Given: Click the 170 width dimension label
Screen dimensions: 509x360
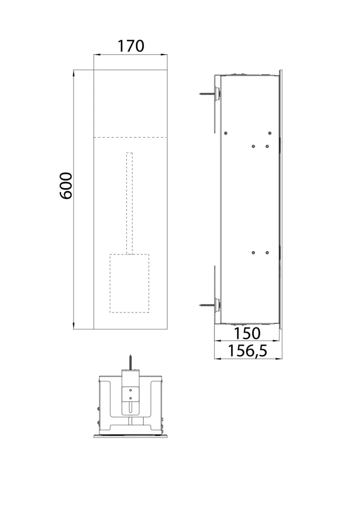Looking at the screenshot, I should tap(130, 46).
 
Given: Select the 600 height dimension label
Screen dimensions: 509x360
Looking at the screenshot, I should tap(66, 185).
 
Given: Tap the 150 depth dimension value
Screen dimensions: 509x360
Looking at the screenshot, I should tap(247, 333).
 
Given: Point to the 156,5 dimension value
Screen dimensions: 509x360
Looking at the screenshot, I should tap(248, 351).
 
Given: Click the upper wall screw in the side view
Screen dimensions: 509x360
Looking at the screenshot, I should tap(208, 94).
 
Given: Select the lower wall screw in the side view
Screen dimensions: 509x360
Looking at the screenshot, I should tap(208, 305).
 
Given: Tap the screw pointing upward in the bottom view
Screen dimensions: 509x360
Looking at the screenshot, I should tap(131, 362).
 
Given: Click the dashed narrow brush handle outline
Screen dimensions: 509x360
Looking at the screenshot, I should tap(130, 203).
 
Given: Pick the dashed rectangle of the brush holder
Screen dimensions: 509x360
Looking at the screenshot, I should tap(130, 283).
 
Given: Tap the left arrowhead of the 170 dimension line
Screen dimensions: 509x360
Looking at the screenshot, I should tap(96, 55).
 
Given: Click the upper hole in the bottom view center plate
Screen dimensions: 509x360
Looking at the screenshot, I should tap(131, 390).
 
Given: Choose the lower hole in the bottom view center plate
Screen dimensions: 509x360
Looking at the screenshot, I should tap(131, 398).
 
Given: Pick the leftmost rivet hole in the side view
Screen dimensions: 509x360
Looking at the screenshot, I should tap(226, 133).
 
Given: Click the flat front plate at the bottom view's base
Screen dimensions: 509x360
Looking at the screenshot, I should tap(130, 435).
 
